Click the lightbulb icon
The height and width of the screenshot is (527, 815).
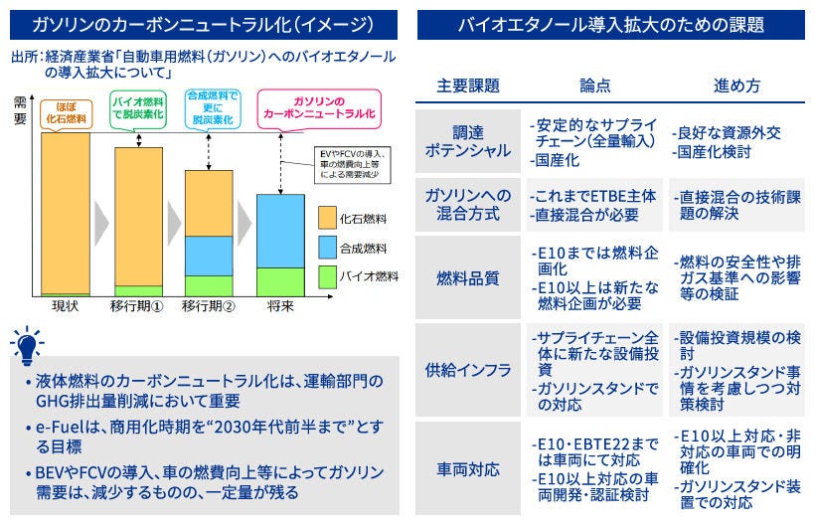click(27, 344)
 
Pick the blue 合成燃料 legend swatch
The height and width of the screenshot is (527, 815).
click(331, 248)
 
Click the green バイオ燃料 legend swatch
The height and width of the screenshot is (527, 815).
click(331, 275)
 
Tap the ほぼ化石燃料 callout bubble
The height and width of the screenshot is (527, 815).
click(65, 110)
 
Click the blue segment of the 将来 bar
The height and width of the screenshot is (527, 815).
click(280, 231)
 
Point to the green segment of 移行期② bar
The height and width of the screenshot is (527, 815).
click(209, 285)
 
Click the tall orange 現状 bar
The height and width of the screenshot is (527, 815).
click(65, 213)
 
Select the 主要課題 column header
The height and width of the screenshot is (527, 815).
click(467, 86)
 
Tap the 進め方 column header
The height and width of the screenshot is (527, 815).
click(736, 86)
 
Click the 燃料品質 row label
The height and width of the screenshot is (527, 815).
click(467, 278)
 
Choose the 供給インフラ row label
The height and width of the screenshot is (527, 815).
click(467, 370)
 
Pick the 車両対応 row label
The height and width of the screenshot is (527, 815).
click(467, 468)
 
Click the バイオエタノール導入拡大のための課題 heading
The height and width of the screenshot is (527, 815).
click(610, 25)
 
